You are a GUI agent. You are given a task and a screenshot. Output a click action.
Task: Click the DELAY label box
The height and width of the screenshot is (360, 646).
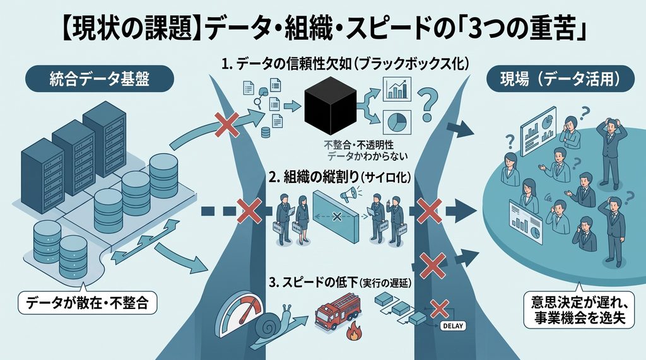tap(453, 326)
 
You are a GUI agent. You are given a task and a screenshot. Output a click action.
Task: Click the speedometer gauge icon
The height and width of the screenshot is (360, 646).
tap(240, 314)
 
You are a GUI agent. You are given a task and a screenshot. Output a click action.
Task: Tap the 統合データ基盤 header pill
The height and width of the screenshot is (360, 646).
tap(99, 78)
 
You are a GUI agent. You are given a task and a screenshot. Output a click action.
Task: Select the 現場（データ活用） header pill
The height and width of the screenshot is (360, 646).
tap(561, 78)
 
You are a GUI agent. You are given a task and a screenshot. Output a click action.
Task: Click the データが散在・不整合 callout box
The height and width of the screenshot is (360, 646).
tap(87, 303)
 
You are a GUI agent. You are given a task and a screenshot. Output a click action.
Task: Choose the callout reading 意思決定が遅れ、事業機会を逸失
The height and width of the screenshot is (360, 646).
tap(579, 310)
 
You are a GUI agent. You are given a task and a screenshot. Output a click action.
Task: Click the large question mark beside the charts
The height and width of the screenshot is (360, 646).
tap(428, 105)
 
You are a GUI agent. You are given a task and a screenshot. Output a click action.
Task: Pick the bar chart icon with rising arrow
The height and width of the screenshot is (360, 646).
tap(397, 89)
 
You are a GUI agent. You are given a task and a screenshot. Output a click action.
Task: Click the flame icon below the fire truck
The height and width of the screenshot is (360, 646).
tap(353, 332)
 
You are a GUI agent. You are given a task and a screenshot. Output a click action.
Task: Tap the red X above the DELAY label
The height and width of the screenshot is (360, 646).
tap(440, 308)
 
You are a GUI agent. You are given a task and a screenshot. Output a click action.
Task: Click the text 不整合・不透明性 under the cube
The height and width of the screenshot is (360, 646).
tap(358, 145)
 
